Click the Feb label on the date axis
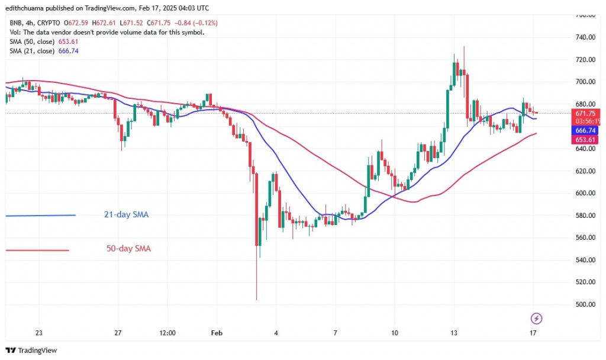tap(217, 333)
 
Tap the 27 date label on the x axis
tap(118, 333)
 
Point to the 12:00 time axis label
tap(167, 333)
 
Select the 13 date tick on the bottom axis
tap(453, 333)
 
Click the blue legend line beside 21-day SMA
tap(40, 215)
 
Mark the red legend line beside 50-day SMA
tap(37, 250)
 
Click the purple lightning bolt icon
tap(536, 319)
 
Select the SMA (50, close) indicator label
tap(31, 41)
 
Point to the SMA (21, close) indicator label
tap(31, 51)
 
